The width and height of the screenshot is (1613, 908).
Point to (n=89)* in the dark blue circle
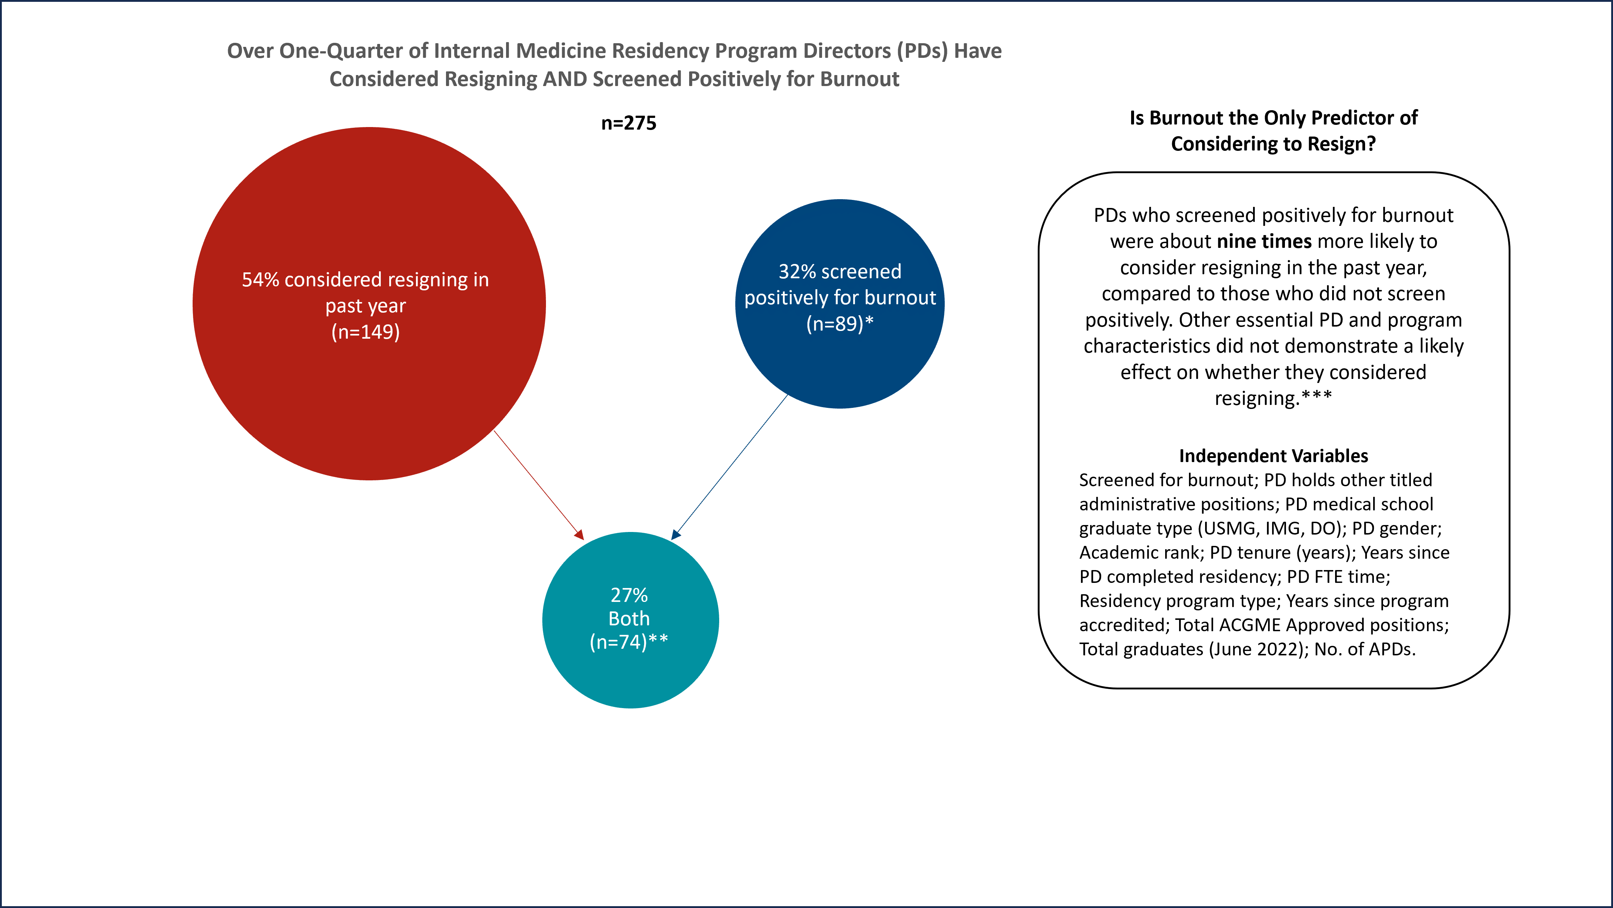point(839,324)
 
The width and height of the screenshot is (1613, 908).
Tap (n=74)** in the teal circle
point(629,642)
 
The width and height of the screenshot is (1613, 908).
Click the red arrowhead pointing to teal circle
point(579,535)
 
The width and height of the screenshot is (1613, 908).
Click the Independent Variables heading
point(1273,456)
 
